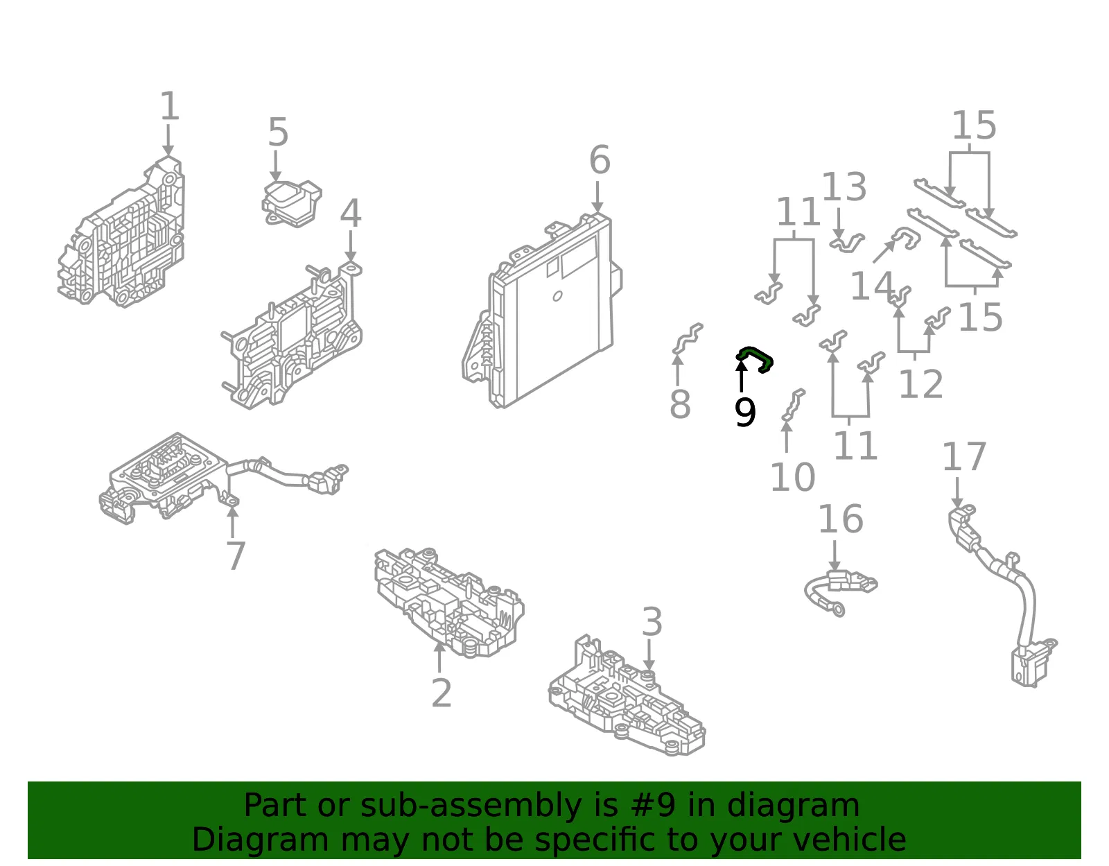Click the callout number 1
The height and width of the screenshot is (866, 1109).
click(x=170, y=106)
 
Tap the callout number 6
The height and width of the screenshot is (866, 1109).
click(x=600, y=159)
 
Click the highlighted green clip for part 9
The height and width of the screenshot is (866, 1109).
click(x=755, y=359)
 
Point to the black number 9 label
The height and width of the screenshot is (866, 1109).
click(x=744, y=413)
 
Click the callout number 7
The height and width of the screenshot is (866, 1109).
click(x=236, y=556)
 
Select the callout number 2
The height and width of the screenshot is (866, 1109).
click(x=442, y=693)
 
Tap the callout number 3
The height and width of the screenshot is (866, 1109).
click(x=652, y=621)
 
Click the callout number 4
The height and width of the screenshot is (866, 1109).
click(x=351, y=213)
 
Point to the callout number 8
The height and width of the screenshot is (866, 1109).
click(x=681, y=404)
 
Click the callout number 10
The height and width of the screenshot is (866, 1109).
click(x=792, y=477)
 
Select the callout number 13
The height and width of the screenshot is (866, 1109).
click(x=844, y=187)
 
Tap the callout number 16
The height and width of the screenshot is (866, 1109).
click(x=841, y=519)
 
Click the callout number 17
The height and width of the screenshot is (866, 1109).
click(x=964, y=456)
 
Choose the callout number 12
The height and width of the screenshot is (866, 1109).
click(x=920, y=383)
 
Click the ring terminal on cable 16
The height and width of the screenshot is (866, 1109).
click(x=839, y=610)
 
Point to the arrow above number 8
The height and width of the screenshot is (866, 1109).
click(x=678, y=370)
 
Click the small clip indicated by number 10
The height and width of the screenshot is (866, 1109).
click(x=794, y=405)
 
